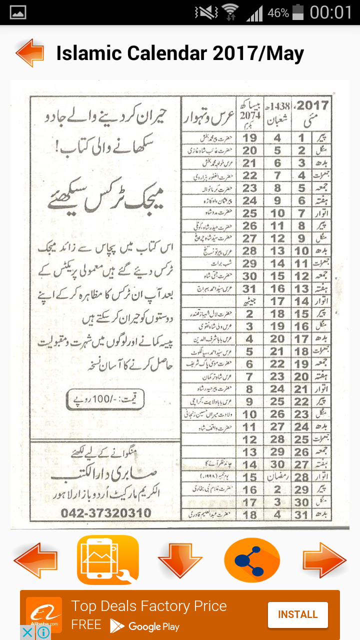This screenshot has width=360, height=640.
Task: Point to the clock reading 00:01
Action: point(331,12)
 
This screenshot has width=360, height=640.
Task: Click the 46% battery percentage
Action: point(277,13)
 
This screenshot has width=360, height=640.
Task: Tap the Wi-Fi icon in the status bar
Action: point(230,12)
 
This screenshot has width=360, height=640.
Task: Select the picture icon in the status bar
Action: point(18,12)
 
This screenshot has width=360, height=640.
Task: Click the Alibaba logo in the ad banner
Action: point(44,614)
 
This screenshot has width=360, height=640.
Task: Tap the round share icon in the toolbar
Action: point(252,560)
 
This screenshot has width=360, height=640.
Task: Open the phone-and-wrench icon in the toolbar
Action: point(108,560)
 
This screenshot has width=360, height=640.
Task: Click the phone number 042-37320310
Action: point(105,513)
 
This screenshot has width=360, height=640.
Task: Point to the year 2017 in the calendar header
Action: point(312,105)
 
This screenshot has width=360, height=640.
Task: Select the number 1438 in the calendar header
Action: point(278,106)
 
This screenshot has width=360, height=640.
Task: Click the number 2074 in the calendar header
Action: point(250,117)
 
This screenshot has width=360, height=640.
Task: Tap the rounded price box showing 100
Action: point(105,399)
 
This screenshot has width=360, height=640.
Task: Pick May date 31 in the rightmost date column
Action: point(301,514)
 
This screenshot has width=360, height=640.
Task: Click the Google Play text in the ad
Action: point(153,626)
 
